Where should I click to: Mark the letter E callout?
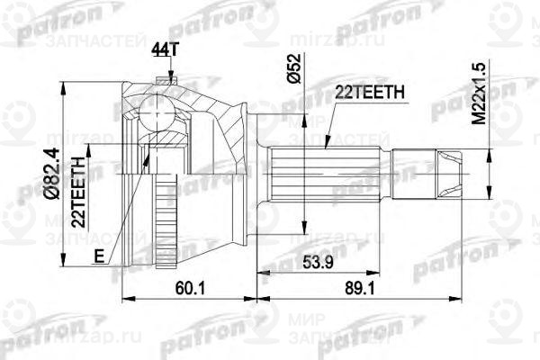pos(100,256)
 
